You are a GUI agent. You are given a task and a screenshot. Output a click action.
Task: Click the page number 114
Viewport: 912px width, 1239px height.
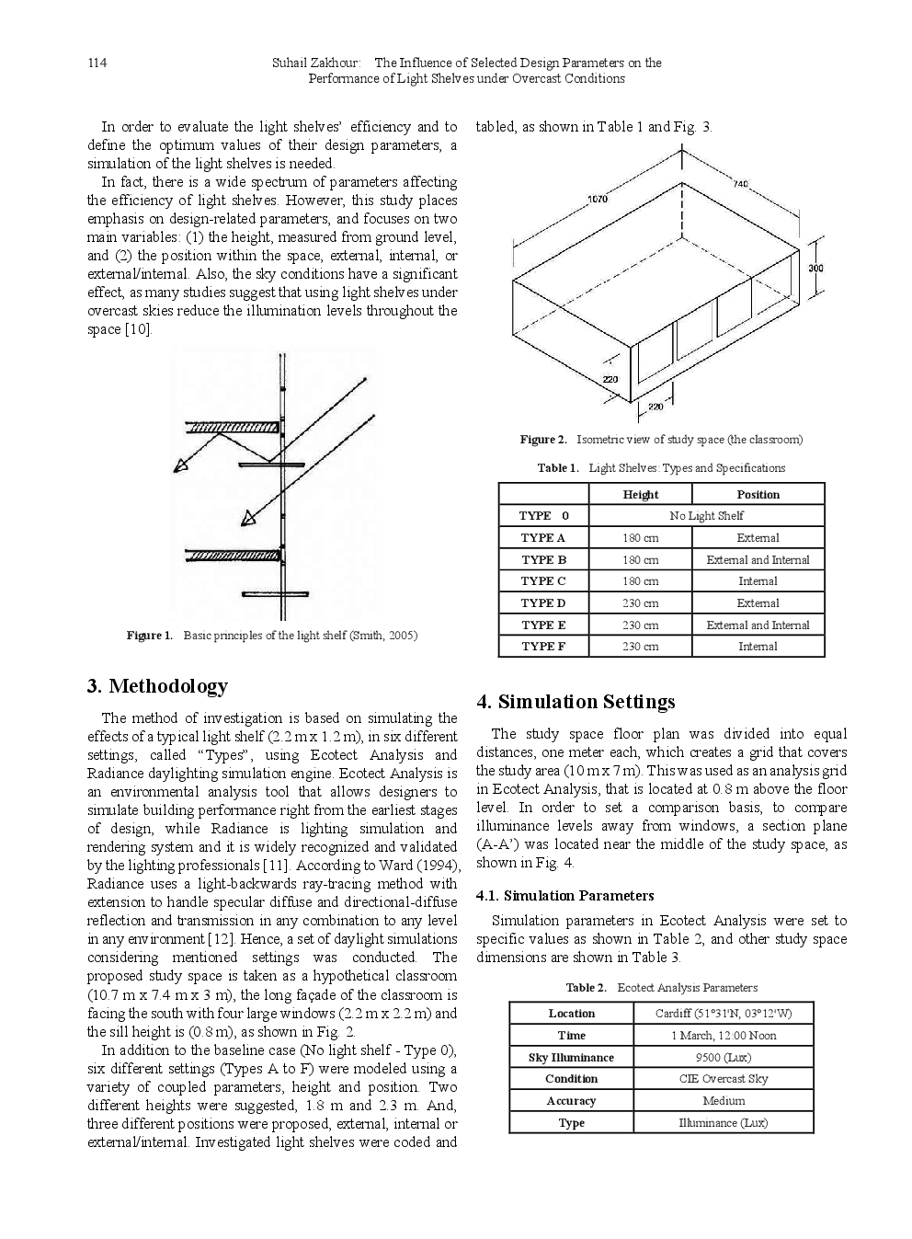pos(97,63)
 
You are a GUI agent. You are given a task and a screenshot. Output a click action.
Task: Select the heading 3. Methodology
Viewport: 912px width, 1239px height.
pos(157,686)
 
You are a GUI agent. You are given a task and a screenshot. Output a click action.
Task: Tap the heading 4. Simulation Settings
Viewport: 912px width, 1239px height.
pos(576,702)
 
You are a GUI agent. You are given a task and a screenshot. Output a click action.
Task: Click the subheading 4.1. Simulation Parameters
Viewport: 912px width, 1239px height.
pos(565,895)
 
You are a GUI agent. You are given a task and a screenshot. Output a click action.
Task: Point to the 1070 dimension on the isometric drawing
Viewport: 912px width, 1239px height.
pos(596,198)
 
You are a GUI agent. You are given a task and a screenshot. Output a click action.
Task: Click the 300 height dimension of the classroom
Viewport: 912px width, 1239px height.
pos(816,268)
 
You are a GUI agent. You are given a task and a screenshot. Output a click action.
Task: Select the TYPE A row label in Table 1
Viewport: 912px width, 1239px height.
pos(542,538)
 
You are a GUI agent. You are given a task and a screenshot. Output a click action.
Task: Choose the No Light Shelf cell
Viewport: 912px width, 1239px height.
pos(706,516)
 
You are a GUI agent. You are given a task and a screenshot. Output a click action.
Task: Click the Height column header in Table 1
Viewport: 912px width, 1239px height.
pos(640,495)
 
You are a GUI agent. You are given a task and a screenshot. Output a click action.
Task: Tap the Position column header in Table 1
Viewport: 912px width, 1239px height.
pos(758,495)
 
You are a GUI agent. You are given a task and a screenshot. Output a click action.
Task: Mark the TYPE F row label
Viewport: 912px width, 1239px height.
pos(542,647)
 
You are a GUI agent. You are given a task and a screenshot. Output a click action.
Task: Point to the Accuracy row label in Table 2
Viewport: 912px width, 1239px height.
pos(571,1101)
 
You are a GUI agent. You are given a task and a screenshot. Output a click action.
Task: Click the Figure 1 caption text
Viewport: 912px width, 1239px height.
pos(272,636)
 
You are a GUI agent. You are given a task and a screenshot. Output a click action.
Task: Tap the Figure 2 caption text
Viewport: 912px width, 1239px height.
pos(661,440)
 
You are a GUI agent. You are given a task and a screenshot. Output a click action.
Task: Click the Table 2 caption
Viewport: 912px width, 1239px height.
pos(661,988)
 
